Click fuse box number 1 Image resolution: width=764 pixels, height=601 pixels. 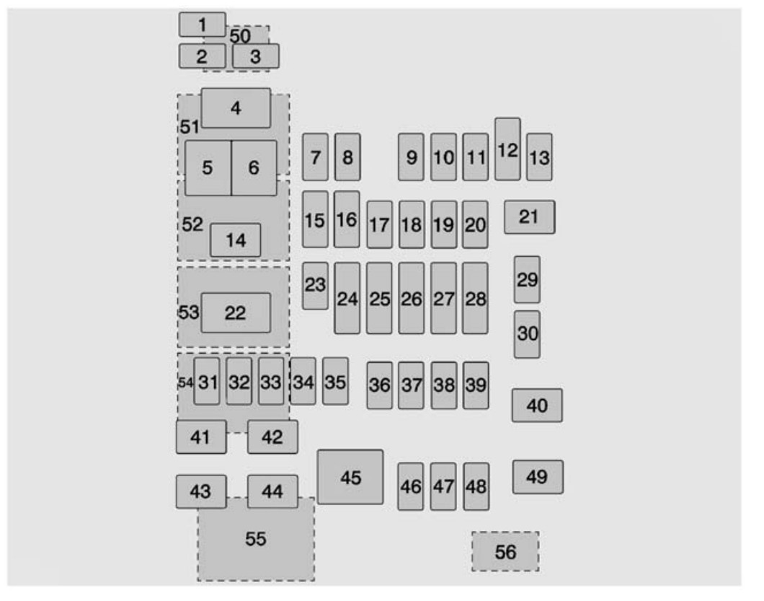tap(203, 25)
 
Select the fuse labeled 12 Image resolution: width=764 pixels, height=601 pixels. tap(507, 149)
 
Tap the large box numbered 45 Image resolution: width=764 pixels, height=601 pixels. tap(350, 477)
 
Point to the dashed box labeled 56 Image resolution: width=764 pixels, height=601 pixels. tap(505, 552)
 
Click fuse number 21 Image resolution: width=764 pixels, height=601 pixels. tap(529, 217)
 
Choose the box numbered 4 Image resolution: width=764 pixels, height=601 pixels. tap(236, 108)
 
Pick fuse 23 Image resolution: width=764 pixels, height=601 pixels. tap(315, 286)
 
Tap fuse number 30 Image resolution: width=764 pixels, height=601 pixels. tap(527, 334)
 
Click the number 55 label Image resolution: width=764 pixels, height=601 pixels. tap(256, 539)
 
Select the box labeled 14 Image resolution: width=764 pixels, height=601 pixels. tap(236, 240)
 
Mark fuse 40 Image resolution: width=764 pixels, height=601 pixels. tap(537, 405)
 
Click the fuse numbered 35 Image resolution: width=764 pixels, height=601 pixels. tap(335, 382)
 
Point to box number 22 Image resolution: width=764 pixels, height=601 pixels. tap(236, 312)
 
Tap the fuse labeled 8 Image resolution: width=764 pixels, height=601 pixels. tap(347, 157)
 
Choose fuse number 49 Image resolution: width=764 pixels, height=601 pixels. tap(538, 477)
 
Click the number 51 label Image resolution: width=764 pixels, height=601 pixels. tap(190, 127)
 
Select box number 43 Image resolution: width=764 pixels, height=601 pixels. tap(201, 492)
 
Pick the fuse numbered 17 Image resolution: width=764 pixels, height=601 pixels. tap(380, 224)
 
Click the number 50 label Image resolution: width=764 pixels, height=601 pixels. tap(240, 35)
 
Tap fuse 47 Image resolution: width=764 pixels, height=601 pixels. tap(443, 486)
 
